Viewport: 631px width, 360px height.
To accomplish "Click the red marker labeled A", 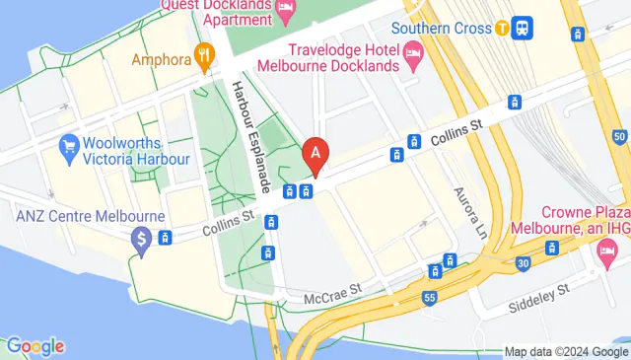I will pos(315,155).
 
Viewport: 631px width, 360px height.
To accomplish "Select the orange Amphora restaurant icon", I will pos(205,56).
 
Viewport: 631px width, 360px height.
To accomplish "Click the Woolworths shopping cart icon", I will pos(69,148).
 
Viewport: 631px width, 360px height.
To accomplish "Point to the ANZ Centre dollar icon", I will pos(142,238).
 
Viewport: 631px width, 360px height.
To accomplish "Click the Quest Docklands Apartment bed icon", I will pos(286,12).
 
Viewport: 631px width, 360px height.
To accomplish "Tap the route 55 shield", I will pos(428,296).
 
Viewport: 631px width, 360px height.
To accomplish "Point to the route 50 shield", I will pos(617,135).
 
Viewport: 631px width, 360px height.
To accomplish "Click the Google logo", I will pos(35,346).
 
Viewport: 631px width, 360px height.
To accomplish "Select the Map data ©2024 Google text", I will pos(565,351).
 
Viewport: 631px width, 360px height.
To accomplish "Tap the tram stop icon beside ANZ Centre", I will pos(167,237).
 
